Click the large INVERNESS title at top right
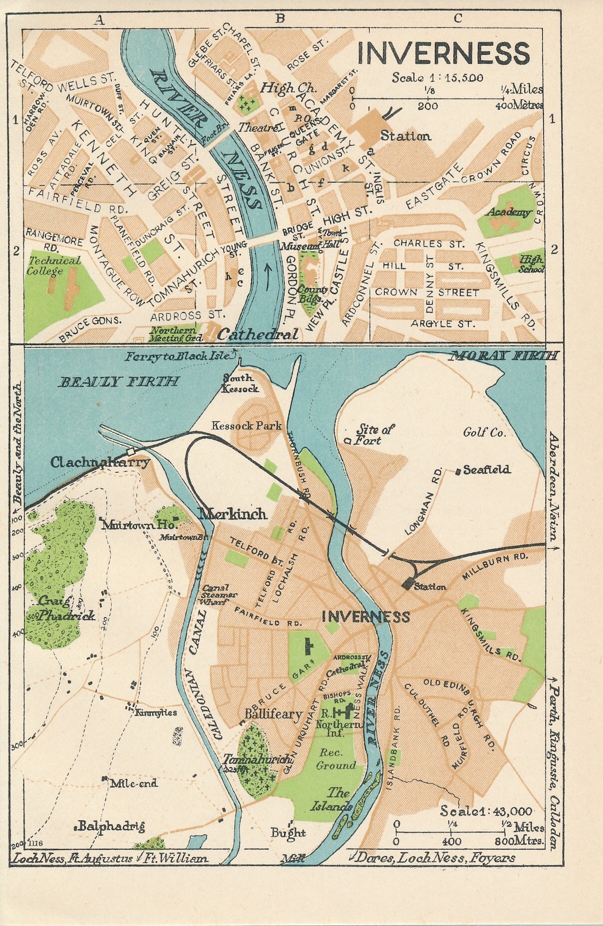click(443, 54)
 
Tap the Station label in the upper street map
click(405, 136)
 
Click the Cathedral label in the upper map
click(257, 335)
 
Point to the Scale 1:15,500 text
click(437, 78)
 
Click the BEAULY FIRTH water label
click(119, 382)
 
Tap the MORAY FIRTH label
click(504, 356)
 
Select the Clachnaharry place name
click(100, 462)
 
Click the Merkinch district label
click(233, 514)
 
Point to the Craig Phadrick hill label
click(59, 609)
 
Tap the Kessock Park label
click(246, 426)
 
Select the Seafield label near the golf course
click(486, 470)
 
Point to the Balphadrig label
click(111, 827)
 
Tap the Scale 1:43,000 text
click(486, 811)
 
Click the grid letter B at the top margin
click(280, 19)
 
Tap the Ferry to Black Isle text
click(177, 356)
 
